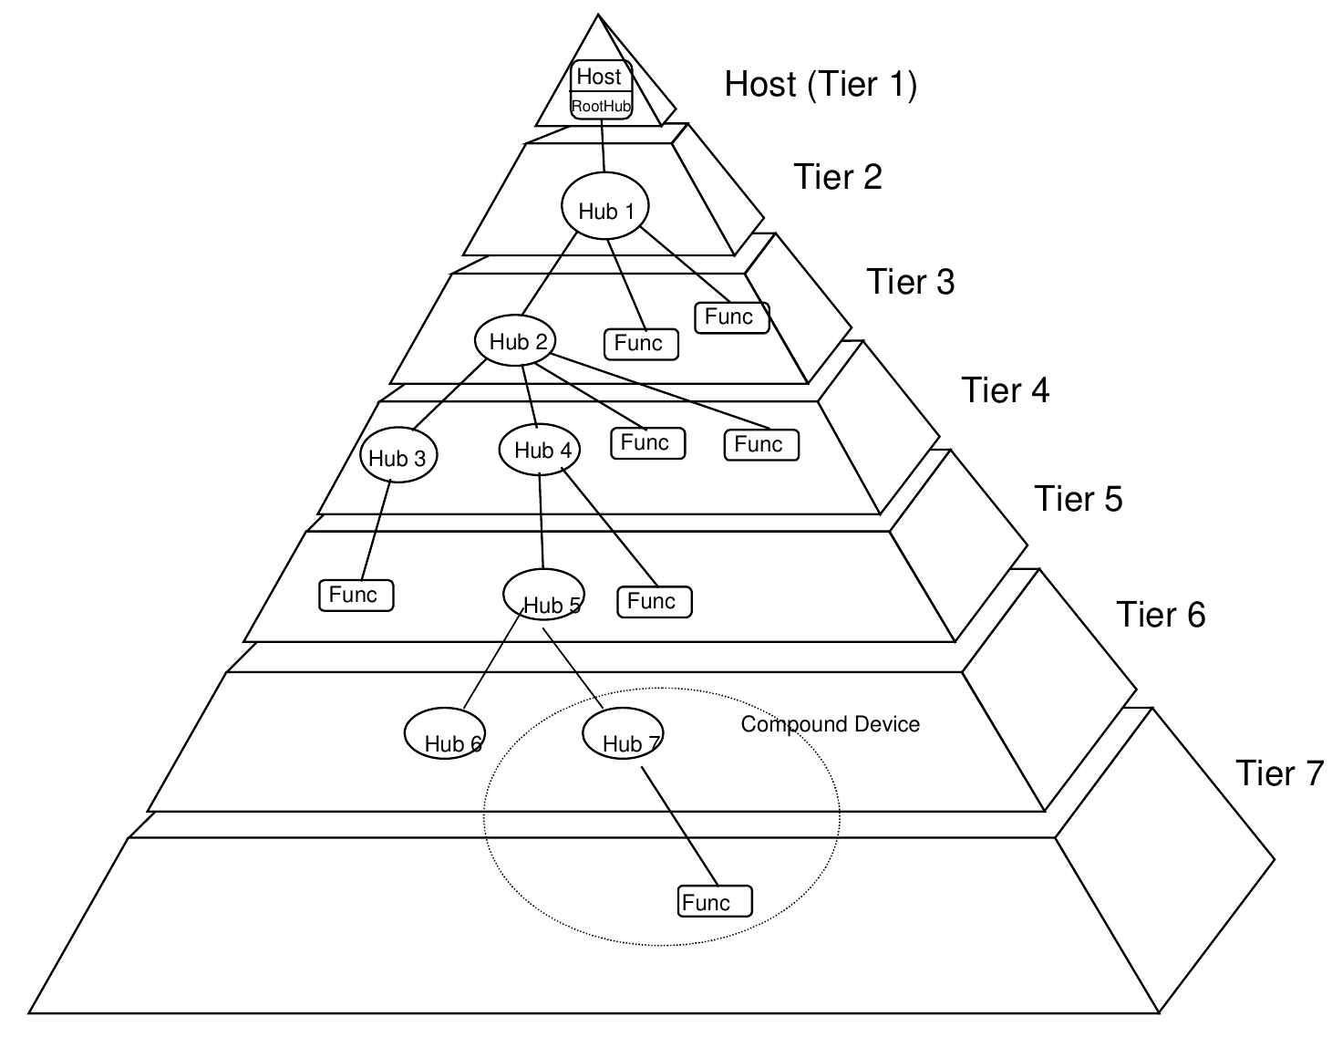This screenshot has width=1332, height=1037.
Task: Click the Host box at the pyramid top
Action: pyautogui.click(x=601, y=89)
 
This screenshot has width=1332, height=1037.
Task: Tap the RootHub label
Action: pyautogui.click(x=601, y=106)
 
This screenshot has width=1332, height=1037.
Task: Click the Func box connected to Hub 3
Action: pyautogui.click(x=356, y=596)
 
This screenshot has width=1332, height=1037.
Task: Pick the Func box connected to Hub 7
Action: pyautogui.click(x=715, y=901)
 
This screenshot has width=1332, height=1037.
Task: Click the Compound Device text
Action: pyautogui.click(x=830, y=724)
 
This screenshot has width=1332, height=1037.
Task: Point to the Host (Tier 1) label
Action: pyautogui.click(x=821, y=84)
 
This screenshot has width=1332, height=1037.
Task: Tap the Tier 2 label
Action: pyautogui.click(x=838, y=177)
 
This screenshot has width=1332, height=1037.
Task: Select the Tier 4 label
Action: pyautogui.click(x=1006, y=390)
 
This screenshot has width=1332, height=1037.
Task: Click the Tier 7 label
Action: pyautogui.click(x=1280, y=773)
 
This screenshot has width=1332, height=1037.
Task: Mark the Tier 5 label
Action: pyautogui.click(x=1079, y=499)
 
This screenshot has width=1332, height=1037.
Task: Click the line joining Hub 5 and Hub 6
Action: pyautogui.click(x=493, y=658)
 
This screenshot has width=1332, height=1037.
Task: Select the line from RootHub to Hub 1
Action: pyautogui.click(x=603, y=145)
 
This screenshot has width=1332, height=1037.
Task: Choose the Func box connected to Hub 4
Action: pyautogui.click(x=655, y=602)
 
